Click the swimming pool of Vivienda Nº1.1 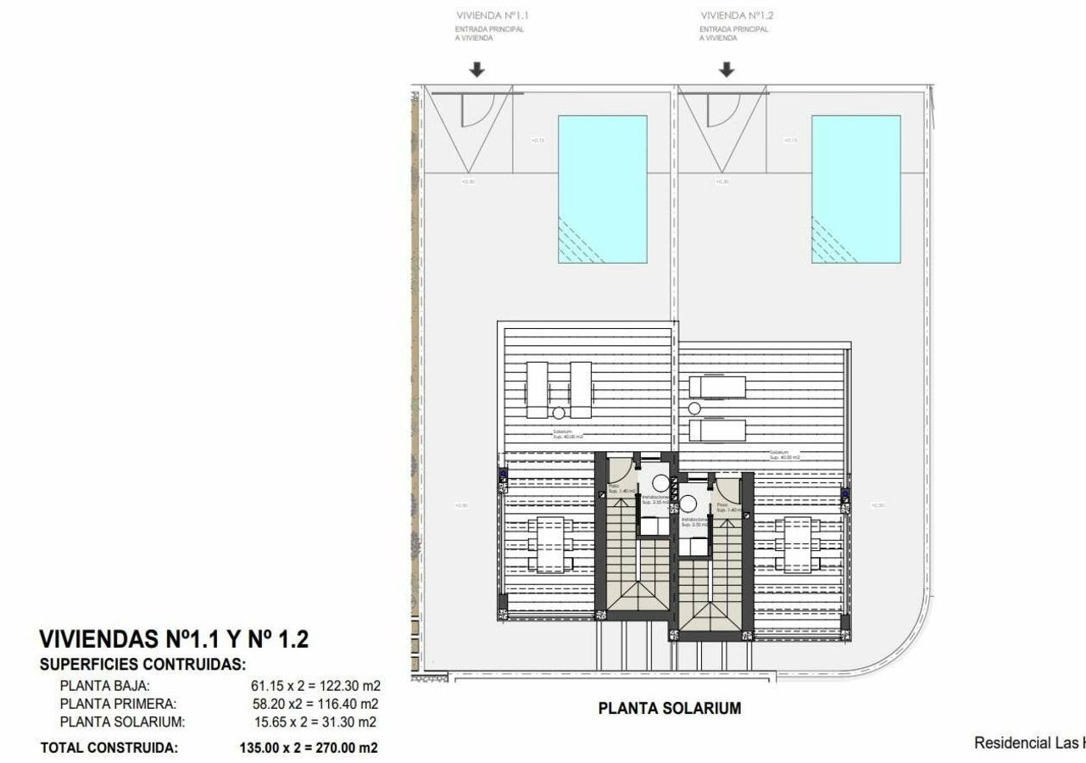[602, 189]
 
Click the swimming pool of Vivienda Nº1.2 [855, 189]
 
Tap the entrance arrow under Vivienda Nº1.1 [477, 70]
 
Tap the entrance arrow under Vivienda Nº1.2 [726, 70]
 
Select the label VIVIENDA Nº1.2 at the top [736, 15]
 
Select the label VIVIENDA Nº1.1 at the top [493, 15]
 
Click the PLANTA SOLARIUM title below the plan [669, 708]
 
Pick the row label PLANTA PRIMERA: [118, 704]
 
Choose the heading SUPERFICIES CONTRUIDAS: [142, 665]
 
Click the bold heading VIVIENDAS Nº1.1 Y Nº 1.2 [174, 639]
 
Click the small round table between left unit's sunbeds [558, 413]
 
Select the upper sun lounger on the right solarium [717, 387]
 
